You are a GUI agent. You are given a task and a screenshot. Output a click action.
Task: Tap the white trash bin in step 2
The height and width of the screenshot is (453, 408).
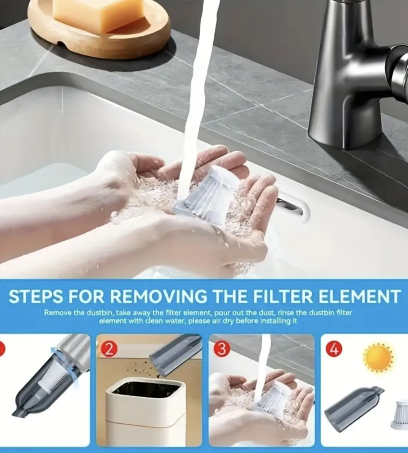point(146,414)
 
